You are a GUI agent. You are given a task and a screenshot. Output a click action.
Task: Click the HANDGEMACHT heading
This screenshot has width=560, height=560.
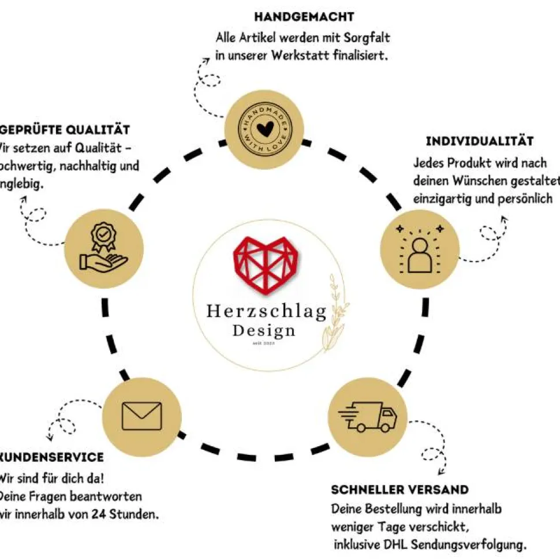(304, 17)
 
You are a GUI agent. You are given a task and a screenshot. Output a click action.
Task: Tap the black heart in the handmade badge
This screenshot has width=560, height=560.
(263, 128)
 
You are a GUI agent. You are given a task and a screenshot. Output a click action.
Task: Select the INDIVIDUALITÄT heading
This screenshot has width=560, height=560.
(479, 141)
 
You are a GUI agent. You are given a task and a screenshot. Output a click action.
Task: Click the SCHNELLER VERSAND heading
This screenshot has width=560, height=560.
(400, 490)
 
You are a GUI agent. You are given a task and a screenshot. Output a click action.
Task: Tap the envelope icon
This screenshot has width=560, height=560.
(142, 416)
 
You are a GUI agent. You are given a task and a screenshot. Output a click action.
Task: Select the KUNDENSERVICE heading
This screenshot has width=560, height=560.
(52, 457)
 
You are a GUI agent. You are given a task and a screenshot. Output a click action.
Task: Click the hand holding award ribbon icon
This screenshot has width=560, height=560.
(103, 248)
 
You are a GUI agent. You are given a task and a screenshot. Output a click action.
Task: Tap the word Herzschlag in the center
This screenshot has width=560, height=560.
(266, 312)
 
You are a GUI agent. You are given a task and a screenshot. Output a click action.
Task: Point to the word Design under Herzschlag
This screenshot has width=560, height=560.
(264, 331)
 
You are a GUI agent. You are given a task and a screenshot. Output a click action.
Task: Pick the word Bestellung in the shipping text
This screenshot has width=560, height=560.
(394, 509)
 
